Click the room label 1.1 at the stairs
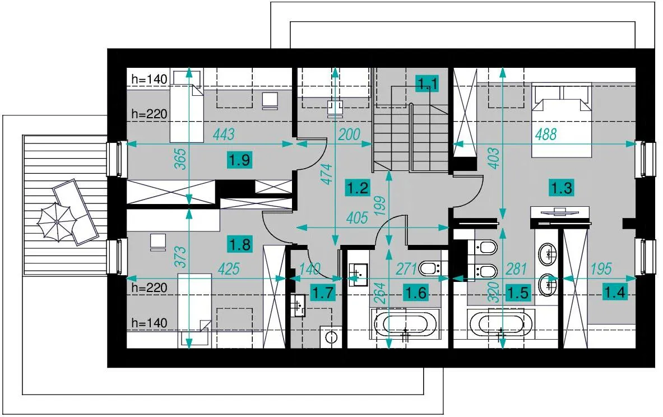[428, 84]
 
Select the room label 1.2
[358, 187]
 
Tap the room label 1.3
[562, 187]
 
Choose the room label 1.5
[518, 292]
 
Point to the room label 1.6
[416, 292]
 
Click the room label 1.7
[323, 292]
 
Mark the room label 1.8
[240, 244]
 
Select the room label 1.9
[240, 160]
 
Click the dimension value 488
[546, 135]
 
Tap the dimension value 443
[224, 135]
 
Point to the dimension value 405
[357, 218]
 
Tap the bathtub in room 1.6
[405, 324]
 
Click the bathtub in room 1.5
[501, 324]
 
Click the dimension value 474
[327, 174]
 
